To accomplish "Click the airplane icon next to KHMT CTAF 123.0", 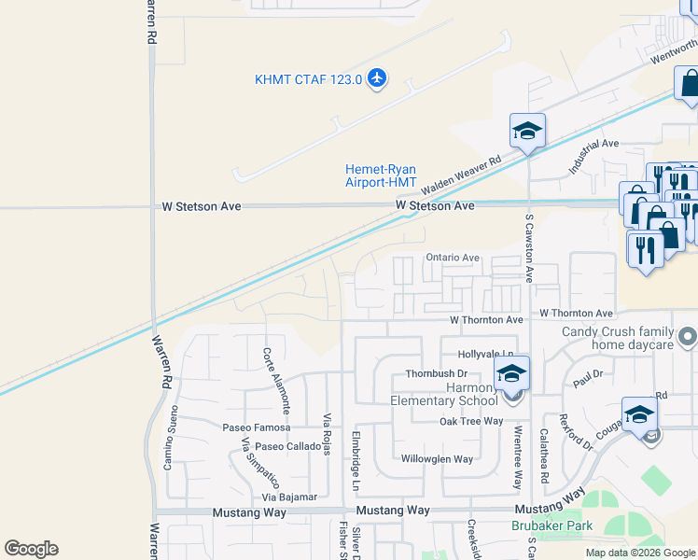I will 377,77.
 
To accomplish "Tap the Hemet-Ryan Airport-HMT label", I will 381,175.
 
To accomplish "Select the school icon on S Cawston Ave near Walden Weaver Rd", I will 527,131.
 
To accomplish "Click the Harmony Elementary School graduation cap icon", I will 511,374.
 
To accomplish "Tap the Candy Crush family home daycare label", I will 617,339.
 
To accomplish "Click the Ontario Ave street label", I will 452,258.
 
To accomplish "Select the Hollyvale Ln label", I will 485,356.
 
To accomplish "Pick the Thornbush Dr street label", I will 435,374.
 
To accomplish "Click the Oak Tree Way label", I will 472,422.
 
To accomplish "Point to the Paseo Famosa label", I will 256,427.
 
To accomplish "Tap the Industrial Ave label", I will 594,156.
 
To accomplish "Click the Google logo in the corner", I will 31,549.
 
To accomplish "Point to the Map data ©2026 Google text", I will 639,553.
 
